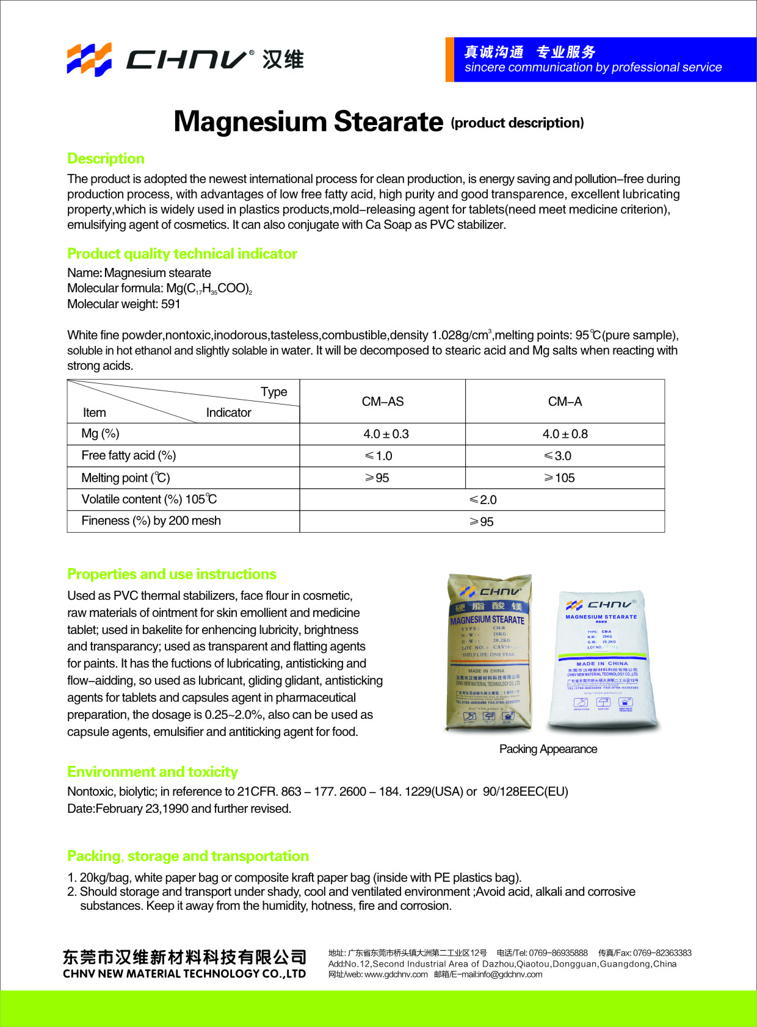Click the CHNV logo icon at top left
tap(89, 59)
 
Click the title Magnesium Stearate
tap(308, 121)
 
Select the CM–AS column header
tap(383, 402)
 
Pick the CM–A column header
tap(565, 402)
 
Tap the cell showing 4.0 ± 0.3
tap(386, 434)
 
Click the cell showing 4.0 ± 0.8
tap(565, 434)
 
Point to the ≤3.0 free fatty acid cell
tap(558, 456)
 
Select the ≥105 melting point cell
tap(559, 478)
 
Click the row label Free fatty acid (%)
tap(129, 455)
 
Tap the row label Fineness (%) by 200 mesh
tap(151, 521)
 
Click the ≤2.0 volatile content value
tap(483, 500)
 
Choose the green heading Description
tap(106, 159)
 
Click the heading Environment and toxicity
tap(153, 772)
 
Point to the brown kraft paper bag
tap(488, 653)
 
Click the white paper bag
tap(603, 662)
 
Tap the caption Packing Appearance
tap(548, 749)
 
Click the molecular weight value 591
tap(171, 304)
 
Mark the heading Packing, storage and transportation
tap(188, 856)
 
